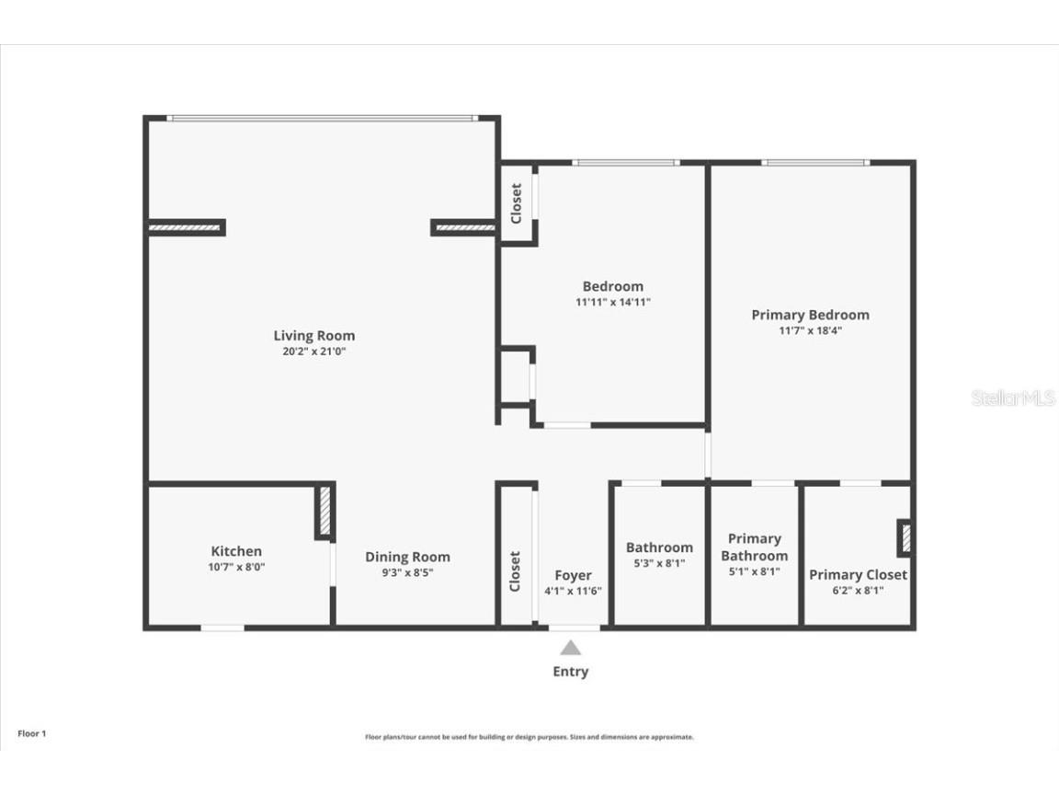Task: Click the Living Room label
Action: click(x=313, y=336)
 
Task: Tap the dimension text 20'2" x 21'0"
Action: click(x=313, y=351)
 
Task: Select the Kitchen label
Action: click(x=236, y=551)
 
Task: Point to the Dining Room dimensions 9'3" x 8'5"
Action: click(x=407, y=572)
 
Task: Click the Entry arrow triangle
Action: click(x=571, y=648)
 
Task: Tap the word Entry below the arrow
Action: click(x=570, y=672)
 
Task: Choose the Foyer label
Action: click(x=573, y=575)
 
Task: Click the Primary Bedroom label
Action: click(x=810, y=315)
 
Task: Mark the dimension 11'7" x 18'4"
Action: click(x=810, y=330)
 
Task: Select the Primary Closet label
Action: click(x=858, y=574)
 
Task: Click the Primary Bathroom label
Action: click(x=754, y=547)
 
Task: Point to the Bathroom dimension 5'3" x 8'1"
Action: click(x=659, y=563)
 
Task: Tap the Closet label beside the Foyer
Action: click(x=515, y=571)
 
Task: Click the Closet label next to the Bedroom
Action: click(x=516, y=203)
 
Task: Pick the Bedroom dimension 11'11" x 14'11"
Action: click(x=613, y=302)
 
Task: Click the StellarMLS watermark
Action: click(x=1013, y=398)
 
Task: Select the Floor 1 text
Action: click(x=31, y=733)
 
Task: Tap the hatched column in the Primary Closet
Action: click(x=905, y=537)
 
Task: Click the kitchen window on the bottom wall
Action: click(x=222, y=628)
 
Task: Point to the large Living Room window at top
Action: click(x=322, y=118)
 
